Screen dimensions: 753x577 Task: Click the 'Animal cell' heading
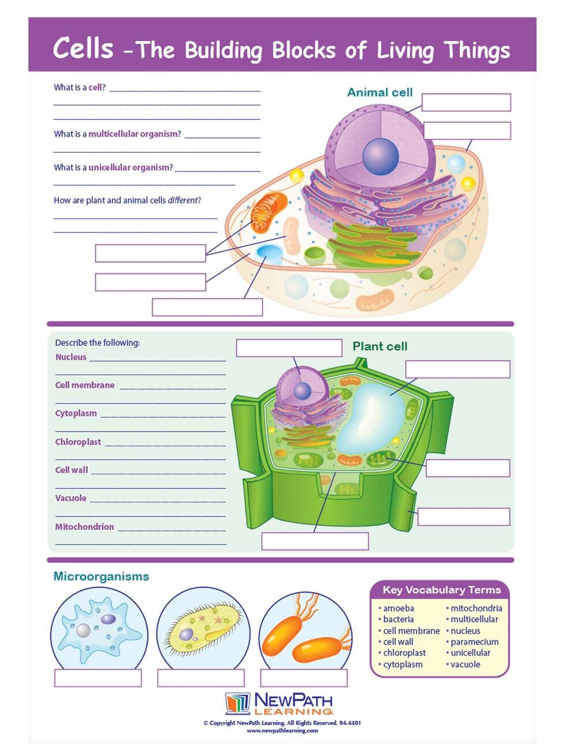pos(380,92)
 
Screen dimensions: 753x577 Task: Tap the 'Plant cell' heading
pos(380,346)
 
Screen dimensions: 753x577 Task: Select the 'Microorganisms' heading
pos(101,576)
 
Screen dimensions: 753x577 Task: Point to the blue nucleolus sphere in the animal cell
pos(380,156)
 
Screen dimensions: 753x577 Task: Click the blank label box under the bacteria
pos(304,678)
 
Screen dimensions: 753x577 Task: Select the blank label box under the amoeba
pos(98,678)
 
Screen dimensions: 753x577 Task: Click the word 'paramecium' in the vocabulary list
pos(474,642)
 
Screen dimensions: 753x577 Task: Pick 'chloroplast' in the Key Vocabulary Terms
pos(404,653)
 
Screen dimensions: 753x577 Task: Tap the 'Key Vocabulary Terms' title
pos(441,590)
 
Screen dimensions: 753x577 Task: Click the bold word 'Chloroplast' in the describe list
pos(78,442)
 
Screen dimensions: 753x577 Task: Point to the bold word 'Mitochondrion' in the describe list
pos(84,527)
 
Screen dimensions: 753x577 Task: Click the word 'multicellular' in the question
pos(134,134)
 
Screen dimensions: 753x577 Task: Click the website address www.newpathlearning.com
pos(282,730)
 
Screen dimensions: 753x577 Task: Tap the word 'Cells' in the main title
pos(83,48)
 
